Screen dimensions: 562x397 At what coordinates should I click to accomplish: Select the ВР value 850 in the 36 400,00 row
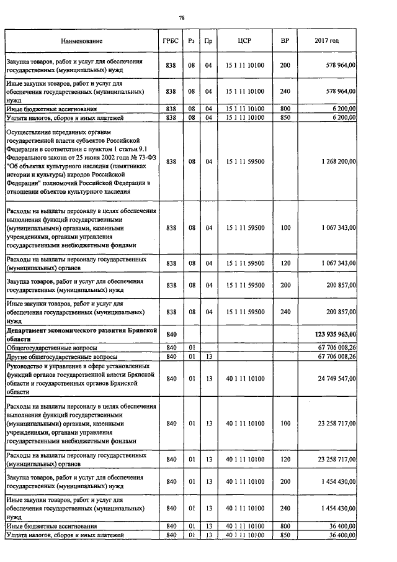(285, 535)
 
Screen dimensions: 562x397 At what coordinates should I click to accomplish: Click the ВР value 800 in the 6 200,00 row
(285, 108)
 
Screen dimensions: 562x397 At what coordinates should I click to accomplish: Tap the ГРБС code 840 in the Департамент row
(172, 335)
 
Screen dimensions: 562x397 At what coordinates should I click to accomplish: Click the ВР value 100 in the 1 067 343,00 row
(285, 228)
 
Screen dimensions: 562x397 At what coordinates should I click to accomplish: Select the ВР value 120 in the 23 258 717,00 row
(285, 460)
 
